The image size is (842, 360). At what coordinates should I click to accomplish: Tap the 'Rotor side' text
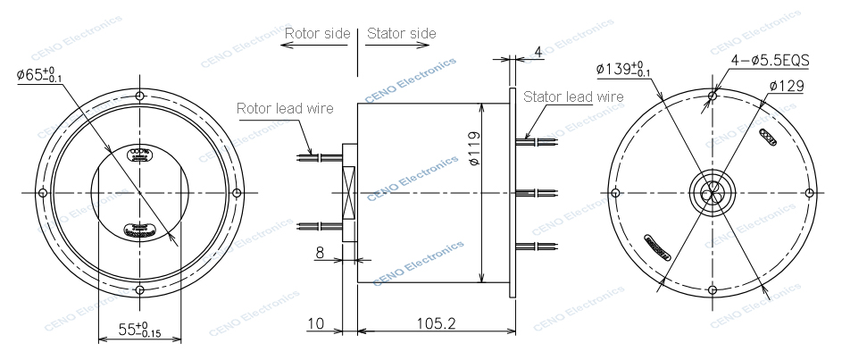pos(317,34)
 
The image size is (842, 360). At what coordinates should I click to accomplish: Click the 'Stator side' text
pos(402,34)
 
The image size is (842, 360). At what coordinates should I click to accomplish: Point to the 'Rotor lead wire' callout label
pos(284,109)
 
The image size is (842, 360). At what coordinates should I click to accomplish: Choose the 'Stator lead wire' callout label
pos(573,96)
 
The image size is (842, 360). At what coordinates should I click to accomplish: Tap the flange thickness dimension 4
pos(538,52)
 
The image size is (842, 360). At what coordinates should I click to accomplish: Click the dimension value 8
pos(319,253)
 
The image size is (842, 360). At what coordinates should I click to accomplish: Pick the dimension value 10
pos(315,322)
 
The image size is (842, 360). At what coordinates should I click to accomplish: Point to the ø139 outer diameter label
pos(622,69)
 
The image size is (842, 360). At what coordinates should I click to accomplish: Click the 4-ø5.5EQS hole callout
pos(769,61)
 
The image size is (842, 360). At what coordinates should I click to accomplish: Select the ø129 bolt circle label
pos(787,86)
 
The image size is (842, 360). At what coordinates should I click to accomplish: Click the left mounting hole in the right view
pos(614,193)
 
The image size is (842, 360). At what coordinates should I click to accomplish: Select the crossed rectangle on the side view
pos(349,193)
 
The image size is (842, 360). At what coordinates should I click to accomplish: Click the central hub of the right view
pos(712,193)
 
